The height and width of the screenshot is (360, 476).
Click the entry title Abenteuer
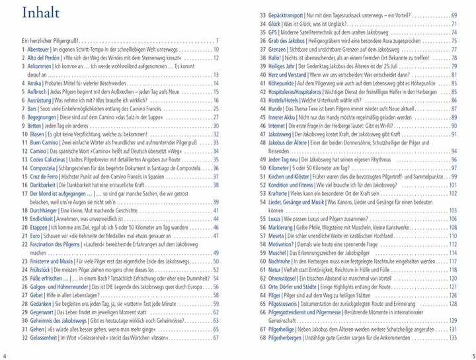[x=40, y=49]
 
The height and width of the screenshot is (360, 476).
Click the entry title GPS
[x=272, y=32]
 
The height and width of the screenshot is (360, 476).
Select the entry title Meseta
[x=278, y=236]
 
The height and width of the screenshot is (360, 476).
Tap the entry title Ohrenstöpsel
[x=285, y=279]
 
